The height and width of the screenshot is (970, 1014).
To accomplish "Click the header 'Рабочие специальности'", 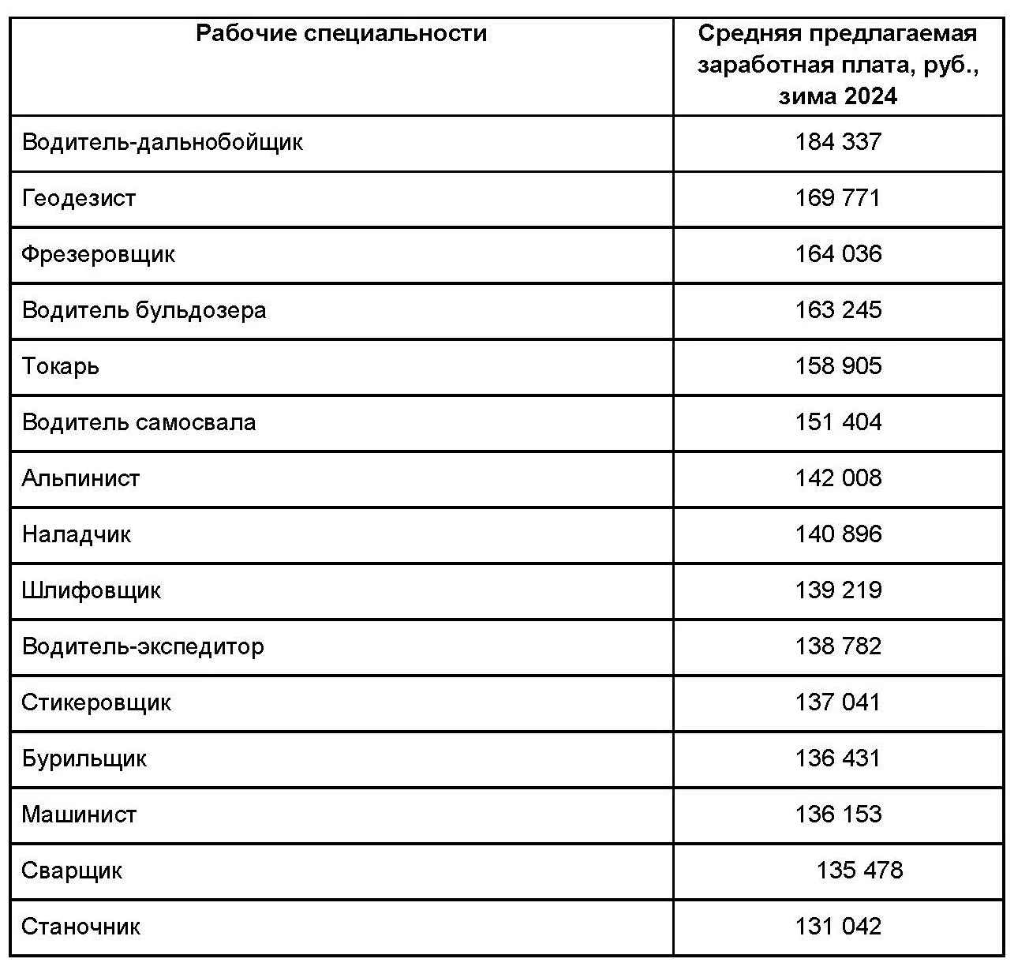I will tap(341, 34).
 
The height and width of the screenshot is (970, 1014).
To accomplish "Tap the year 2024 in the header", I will tap(870, 96).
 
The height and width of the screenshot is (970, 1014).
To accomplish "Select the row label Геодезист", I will tap(79, 198).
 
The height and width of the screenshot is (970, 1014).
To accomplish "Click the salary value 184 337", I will tap(838, 142).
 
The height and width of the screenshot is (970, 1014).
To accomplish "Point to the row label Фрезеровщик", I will tap(98, 254).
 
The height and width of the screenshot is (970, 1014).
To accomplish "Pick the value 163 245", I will tap(838, 310).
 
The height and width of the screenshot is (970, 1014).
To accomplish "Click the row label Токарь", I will tap(61, 367).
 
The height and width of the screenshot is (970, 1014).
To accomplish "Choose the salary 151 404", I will tap(838, 422).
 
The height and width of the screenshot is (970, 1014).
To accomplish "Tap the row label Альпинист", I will tap(80, 478).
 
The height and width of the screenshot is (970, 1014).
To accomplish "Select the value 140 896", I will tap(838, 534).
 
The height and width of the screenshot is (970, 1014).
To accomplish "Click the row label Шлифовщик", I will tap(92, 590).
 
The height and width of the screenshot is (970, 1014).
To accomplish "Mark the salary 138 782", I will tap(838, 646).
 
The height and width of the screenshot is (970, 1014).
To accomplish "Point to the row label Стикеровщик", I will tap(96, 702).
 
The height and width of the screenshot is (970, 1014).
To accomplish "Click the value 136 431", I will tap(838, 758).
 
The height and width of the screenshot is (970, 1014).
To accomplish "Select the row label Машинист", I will tap(79, 815).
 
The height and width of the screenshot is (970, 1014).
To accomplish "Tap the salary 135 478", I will tap(859, 871).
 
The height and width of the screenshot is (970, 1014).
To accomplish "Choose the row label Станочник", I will tap(80, 927).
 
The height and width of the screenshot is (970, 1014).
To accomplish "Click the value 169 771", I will tap(838, 198).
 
